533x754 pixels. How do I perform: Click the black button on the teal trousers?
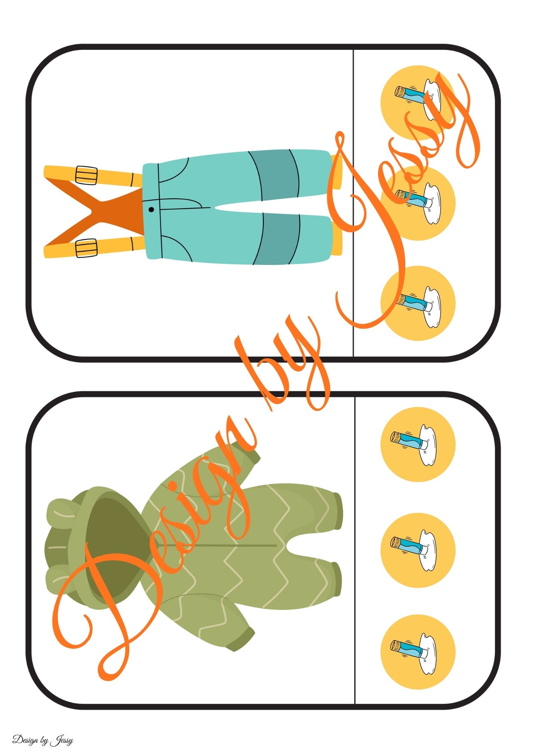(x=151, y=209)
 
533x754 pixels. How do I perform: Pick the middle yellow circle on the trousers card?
(x=418, y=203)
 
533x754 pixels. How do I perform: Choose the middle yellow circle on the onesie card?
(x=418, y=550)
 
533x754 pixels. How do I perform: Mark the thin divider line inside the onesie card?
(x=355, y=550)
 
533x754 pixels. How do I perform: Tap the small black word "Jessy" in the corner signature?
(x=61, y=740)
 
